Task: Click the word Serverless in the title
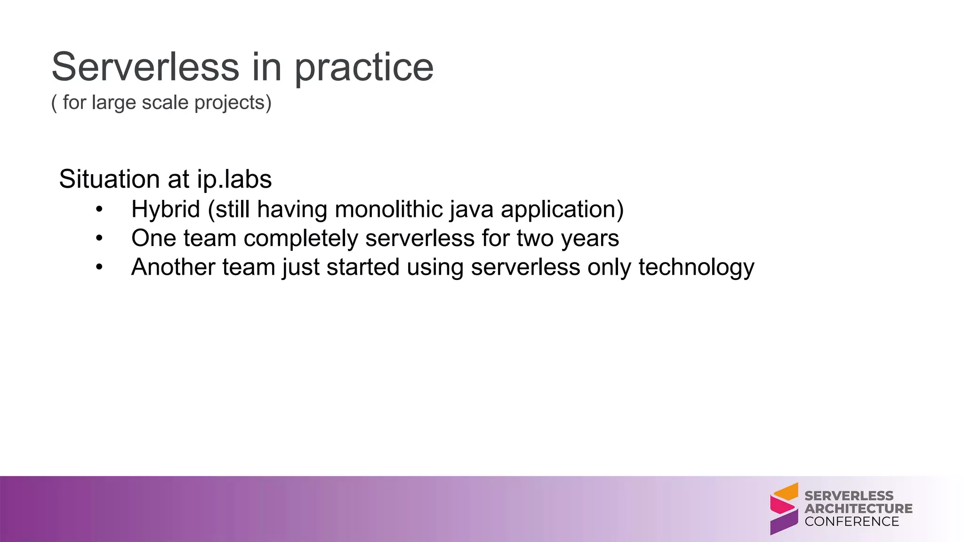click(x=145, y=67)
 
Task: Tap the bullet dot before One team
click(x=99, y=239)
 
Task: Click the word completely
click(x=301, y=239)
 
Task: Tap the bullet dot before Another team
click(x=99, y=267)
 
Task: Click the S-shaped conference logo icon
click(x=784, y=509)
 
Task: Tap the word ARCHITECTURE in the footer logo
click(x=858, y=509)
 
